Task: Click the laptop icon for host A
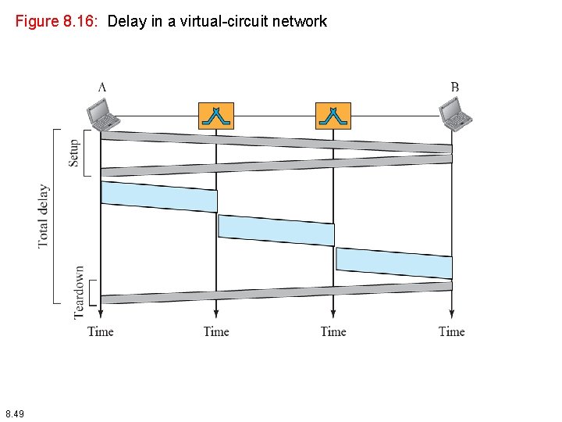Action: [x=103, y=115]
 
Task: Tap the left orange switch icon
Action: [x=216, y=116]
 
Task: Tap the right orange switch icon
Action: [x=333, y=116]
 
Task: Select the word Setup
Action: [x=74, y=152]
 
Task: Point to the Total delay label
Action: [x=44, y=216]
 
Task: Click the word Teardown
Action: [x=79, y=291]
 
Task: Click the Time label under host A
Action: [x=101, y=331]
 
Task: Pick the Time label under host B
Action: [x=452, y=331]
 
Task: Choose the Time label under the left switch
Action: [x=216, y=331]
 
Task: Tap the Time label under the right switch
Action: [x=333, y=331]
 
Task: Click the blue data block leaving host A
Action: [x=159, y=196]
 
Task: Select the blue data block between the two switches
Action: [x=276, y=230]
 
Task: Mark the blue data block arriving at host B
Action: [x=394, y=263]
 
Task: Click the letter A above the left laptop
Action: [x=102, y=87]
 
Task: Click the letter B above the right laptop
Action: [x=454, y=87]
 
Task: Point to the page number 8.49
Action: [x=15, y=413]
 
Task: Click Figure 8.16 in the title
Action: [x=56, y=22]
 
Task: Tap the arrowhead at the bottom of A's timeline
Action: [x=101, y=315]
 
